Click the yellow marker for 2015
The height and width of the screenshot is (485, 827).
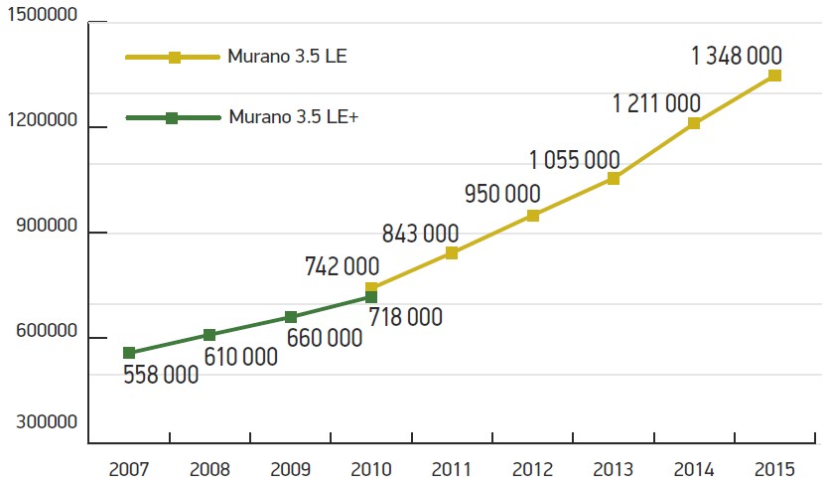[774, 76]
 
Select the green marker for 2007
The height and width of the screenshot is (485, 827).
[129, 353]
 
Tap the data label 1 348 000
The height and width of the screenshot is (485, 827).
[737, 56]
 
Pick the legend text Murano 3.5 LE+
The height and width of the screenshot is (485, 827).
[293, 117]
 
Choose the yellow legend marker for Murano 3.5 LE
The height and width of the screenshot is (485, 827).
[174, 57]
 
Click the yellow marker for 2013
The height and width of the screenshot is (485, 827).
[614, 179]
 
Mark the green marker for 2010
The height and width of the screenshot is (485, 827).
[371, 296]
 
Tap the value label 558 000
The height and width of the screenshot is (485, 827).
[161, 375]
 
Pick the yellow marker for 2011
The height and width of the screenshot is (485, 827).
[452, 252]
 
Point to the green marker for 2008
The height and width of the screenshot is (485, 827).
[209, 335]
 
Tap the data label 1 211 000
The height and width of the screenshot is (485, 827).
[656, 103]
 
